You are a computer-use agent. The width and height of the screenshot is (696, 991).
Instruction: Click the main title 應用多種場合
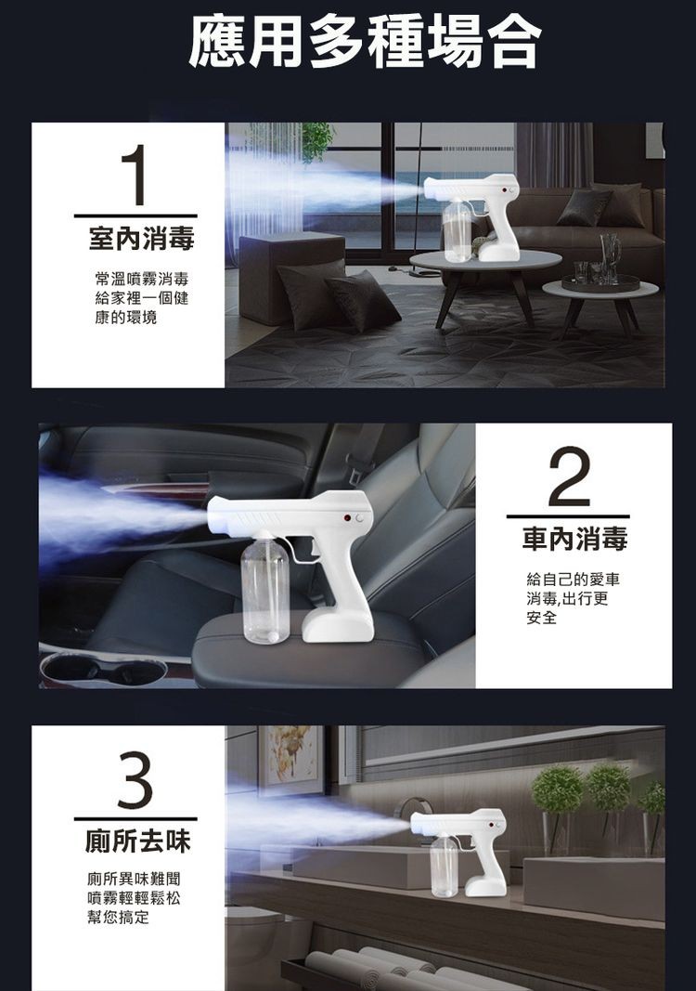point(364,42)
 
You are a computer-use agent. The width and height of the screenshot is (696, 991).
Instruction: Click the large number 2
point(569,476)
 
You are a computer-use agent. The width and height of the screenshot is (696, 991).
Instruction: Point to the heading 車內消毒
point(574,538)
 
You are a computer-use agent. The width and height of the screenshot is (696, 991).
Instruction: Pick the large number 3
point(135,779)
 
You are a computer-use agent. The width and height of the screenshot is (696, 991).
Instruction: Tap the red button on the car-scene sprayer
point(345,517)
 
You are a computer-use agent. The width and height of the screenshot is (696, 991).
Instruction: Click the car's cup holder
point(102,669)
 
